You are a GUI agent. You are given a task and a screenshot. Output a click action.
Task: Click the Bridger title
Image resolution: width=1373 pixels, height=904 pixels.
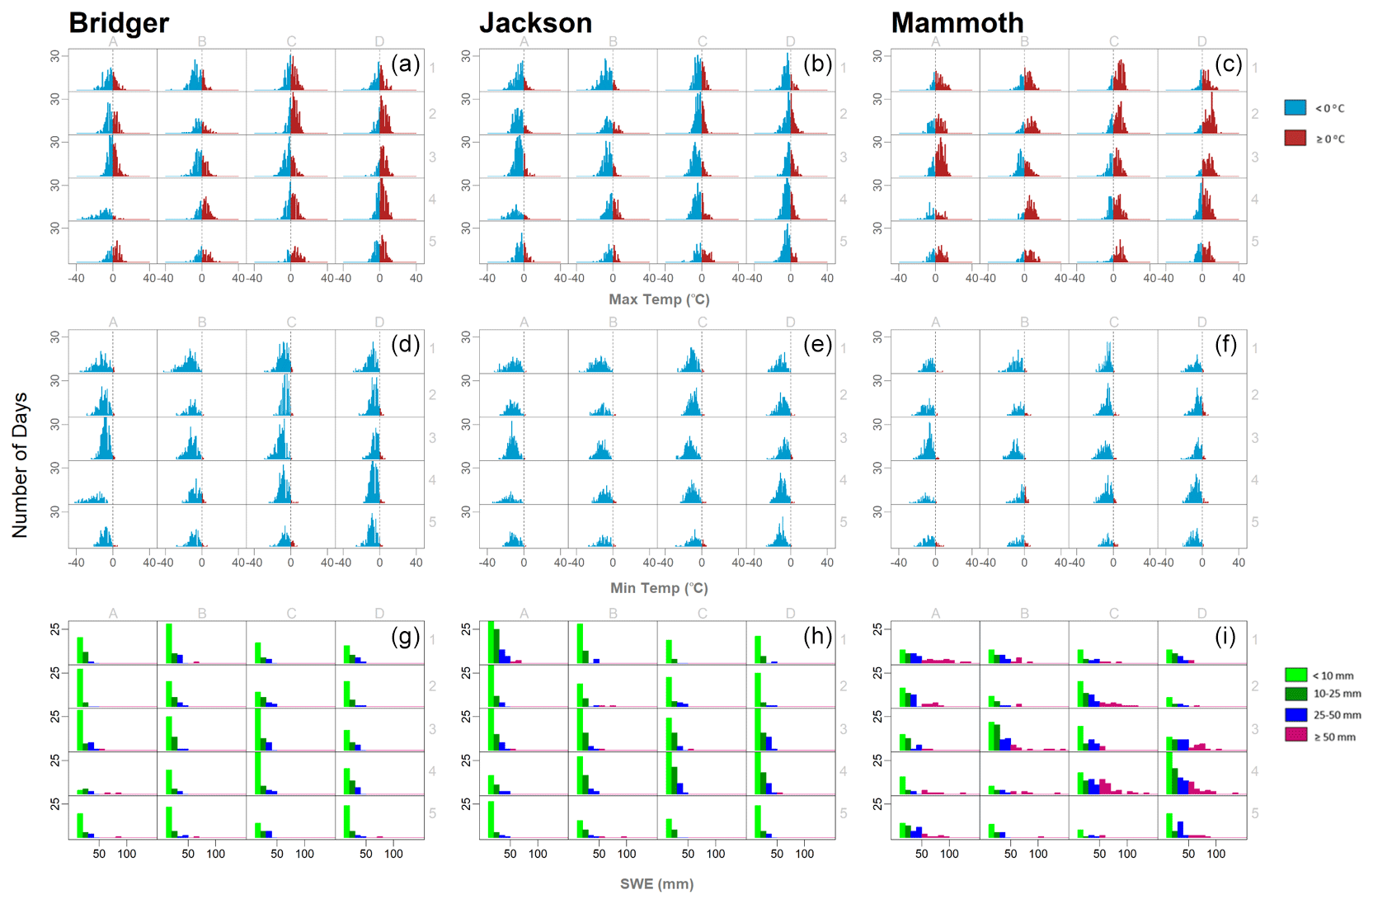coord(119,23)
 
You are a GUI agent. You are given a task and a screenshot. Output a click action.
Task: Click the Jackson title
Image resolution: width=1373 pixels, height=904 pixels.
coord(535,23)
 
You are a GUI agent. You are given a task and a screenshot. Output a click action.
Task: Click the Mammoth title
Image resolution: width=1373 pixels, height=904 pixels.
coord(957,23)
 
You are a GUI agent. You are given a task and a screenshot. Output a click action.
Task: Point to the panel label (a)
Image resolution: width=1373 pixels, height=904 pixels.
coord(405,64)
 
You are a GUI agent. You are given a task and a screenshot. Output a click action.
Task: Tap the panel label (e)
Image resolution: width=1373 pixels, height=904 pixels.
coord(816,344)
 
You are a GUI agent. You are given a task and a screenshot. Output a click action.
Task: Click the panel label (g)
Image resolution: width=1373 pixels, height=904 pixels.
coord(405,636)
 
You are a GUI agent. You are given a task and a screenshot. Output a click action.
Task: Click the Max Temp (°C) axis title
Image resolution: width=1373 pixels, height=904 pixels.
coord(659,299)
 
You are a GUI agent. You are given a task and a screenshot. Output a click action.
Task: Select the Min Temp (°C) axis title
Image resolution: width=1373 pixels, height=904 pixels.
coord(659,588)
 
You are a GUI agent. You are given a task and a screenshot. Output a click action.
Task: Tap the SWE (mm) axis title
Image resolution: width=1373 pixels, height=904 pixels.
coord(656,884)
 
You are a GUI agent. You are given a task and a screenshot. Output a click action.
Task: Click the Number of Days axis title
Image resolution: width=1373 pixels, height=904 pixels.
coord(20,465)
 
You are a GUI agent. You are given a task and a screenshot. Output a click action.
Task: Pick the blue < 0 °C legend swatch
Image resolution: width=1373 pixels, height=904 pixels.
coord(1295,107)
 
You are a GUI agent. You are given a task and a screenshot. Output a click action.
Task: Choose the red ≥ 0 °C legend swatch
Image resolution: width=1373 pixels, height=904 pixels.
coord(1295,138)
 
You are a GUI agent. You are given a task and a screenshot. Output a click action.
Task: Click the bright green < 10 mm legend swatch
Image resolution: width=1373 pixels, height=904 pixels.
coord(1295,675)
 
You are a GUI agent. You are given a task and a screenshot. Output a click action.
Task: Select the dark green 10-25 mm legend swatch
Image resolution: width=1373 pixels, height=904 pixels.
coord(1295,694)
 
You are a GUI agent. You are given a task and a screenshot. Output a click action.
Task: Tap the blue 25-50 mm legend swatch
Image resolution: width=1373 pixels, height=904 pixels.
coord(1295,714)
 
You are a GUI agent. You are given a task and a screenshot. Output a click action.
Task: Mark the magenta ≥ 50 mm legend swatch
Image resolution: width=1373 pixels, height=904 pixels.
coord(1295,735)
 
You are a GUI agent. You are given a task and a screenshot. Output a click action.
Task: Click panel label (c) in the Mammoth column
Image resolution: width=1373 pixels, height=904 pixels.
coord(1228,64)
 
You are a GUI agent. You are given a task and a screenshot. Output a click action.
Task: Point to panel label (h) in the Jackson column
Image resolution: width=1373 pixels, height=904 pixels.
coord(816,636)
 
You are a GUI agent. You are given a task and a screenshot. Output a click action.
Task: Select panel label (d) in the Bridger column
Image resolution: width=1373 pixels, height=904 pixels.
coord(405,344)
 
